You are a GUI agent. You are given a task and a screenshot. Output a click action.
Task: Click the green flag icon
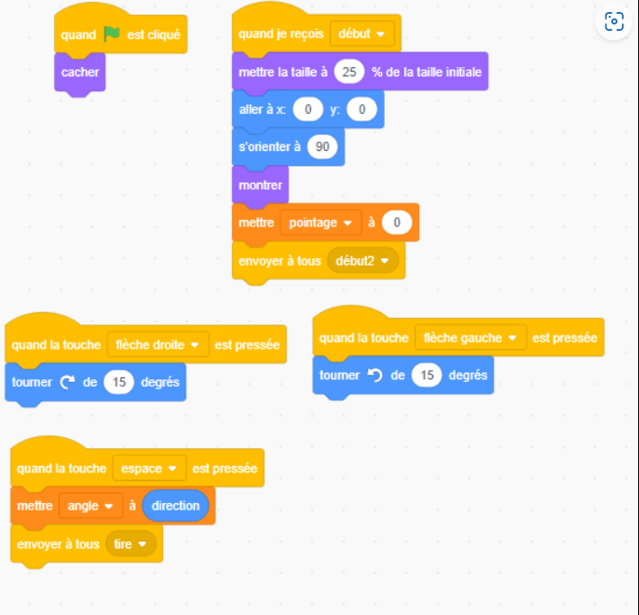coord(111,34)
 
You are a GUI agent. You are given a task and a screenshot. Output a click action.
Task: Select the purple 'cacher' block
coord(80,73)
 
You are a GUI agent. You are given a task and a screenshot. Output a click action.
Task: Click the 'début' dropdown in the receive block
coord(361,34)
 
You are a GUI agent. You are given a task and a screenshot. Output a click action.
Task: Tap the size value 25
coord(348,72)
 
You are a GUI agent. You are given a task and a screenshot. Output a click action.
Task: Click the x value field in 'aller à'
coord(307,109)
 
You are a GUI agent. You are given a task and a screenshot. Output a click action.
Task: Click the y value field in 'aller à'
coord(361,109)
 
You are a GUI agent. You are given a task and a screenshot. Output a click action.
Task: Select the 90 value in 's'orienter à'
coord(322,146)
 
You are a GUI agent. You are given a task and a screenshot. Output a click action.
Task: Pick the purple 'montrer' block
coord(261,185)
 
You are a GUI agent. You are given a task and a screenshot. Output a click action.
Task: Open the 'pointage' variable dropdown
coord(320,223)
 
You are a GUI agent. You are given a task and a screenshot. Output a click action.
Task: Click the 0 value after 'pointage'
coord(397,223)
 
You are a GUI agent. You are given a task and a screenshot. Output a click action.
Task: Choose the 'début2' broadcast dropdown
coord(362,261)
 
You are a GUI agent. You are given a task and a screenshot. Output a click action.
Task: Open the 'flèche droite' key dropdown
coord(157,345)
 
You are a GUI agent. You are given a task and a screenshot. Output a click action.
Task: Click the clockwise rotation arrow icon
coord(67,382)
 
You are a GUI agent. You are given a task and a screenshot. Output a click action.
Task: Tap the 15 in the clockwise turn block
coord(118,382)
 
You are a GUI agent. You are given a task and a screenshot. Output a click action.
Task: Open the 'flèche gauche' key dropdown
coord(470,338)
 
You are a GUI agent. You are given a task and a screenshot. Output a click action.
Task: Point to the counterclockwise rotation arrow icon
coord(374,375)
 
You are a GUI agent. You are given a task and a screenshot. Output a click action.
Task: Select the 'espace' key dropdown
coord(149,469)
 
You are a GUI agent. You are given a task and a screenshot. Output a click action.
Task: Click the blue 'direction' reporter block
coord(175,506)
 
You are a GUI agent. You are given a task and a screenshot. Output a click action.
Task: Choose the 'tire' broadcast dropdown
coord(130,544)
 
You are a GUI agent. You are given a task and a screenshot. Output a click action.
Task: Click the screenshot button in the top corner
coord(614,21)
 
